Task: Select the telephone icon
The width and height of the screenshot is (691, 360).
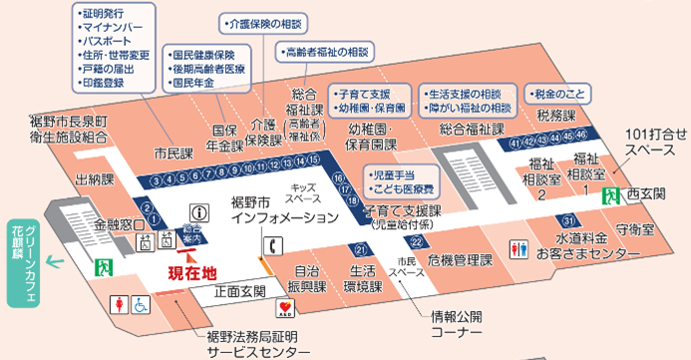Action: (270, 245)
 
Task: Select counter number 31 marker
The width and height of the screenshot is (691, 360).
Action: (567, 220)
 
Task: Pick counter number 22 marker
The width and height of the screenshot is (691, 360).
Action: (414, 241)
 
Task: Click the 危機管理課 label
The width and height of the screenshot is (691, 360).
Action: (460, 260)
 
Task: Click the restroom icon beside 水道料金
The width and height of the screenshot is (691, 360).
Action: (518, 247)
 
